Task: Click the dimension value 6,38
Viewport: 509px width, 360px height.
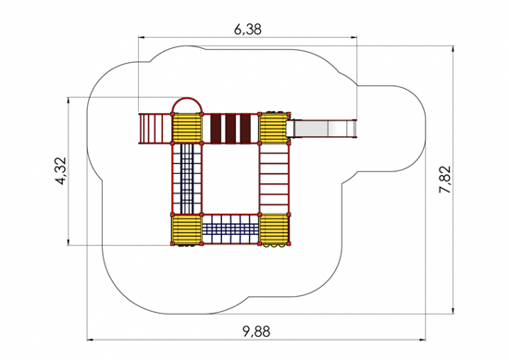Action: click(x=248, y=30)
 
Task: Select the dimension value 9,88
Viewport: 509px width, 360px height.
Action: click(x=256, y=331)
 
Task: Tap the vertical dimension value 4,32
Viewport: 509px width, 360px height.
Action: click(x=61, y=171)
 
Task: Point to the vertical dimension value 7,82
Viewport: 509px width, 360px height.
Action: click(x=445, y=180)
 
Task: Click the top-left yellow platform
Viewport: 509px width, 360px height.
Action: click(x=187, y=128)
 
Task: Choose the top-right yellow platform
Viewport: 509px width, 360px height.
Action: click(x=274, y=128)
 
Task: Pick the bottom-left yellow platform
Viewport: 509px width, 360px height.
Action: click(x=187, y=230)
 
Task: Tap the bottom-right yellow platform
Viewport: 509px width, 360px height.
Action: click(x=274, y=230)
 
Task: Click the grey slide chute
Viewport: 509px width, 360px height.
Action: click(x=322, y=129)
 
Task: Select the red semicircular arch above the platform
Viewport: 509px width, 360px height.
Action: click(x=187, y=98)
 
